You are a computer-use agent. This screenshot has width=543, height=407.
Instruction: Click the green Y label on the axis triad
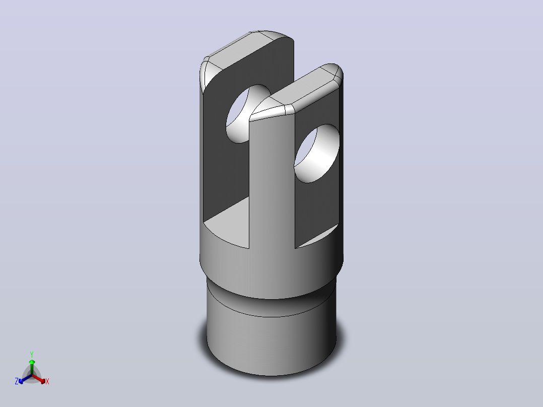(32, 354)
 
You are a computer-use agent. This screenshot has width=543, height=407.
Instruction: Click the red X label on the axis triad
(47, 381)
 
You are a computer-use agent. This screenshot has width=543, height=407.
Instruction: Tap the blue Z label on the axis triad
(17, 381)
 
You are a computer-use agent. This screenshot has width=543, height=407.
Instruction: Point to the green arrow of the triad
(32, 367)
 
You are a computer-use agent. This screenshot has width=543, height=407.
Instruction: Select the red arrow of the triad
(39, 379)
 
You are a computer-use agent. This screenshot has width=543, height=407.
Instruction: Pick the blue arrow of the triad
(25, 379)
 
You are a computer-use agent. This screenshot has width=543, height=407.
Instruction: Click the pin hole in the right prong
(316, 154)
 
